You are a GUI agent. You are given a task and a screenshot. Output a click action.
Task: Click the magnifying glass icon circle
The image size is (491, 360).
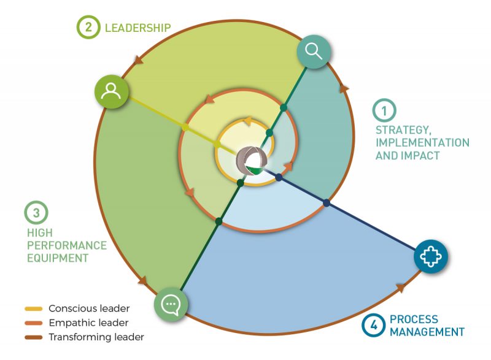pyautogui.click(x=314, y=52)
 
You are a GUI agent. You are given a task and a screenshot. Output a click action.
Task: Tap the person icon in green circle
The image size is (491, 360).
pyautogui.click(x=111, y=91)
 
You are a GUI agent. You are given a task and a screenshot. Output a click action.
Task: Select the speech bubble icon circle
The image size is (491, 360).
pyautogui.click(x=171, y=304)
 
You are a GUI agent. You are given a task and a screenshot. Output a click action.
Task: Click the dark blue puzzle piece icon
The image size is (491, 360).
pyautogui.click(x=431, y=256)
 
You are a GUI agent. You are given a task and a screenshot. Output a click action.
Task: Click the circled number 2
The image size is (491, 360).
pyautogui.click(x=88, y=27)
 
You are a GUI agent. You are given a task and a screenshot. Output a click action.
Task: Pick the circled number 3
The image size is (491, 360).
pyautogui.click(x=36, y=213)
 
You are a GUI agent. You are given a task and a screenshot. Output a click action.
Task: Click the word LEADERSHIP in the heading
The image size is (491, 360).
pyautogui.click(x=137, y=28)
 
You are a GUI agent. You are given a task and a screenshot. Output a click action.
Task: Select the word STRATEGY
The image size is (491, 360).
pyautogui.click(x=402, y=130)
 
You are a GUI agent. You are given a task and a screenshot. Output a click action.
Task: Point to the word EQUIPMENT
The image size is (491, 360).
pyautogui.click(x=58, y=258)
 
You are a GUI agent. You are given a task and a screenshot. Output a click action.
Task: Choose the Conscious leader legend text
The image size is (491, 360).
pyautogui.click(x=89, y=308)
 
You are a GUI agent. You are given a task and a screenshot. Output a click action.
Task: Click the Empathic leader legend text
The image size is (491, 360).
pyautogui.click(x=88, y=323)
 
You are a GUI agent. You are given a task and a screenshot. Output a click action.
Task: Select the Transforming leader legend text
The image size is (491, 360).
pyautogui.click(x=96, y=337)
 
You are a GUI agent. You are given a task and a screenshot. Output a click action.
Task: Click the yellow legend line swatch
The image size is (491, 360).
pyautogui.click(x=34, y=308)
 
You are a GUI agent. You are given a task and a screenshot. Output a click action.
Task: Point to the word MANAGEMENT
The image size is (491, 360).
pyautogui.click(x=427, y=332)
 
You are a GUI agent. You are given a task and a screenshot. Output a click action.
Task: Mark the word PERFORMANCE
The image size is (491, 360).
pyautogui.click(x=67, y=245)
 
